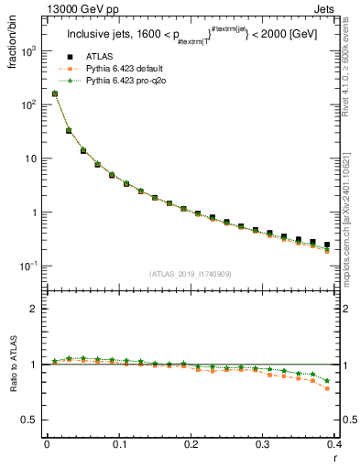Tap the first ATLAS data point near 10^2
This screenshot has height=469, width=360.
[x=55, y=93]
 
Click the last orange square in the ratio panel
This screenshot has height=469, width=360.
[x=327, y=388]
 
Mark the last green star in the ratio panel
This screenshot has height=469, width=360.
[x=327, y=380]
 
